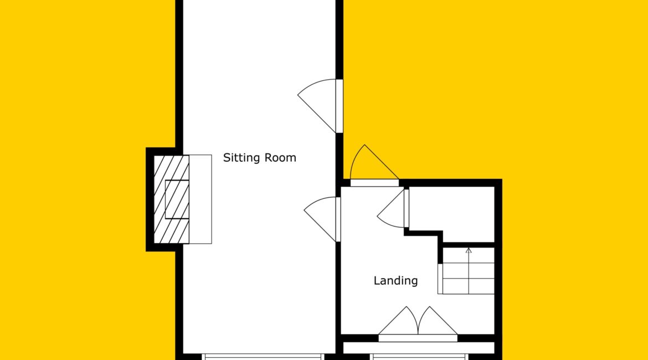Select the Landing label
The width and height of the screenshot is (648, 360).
click(395, 281)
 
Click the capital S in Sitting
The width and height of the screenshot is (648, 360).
click(227, 157)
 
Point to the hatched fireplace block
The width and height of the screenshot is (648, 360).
click(172, 199)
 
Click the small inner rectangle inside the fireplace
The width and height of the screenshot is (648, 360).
click(177, 199)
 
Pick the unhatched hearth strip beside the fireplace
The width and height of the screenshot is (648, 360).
click(200, 199)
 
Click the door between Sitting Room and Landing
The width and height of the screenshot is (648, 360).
click(322, 219)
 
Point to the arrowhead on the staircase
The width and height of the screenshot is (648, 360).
click(468, 250)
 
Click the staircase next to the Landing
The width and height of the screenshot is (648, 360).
click(469, 271)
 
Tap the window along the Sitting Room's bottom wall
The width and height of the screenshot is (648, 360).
click(263, 357)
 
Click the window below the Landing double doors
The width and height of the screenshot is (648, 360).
click(419, 357)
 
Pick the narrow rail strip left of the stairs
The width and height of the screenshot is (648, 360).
click(440, 279)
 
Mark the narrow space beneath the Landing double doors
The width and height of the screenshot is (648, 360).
click(419, 348)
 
